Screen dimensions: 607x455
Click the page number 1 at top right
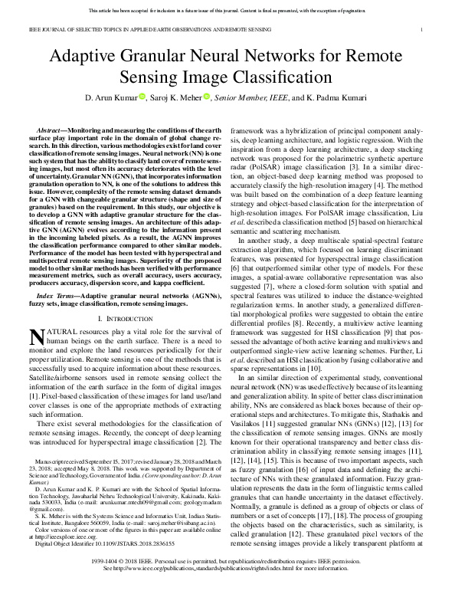click(422, 30)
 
